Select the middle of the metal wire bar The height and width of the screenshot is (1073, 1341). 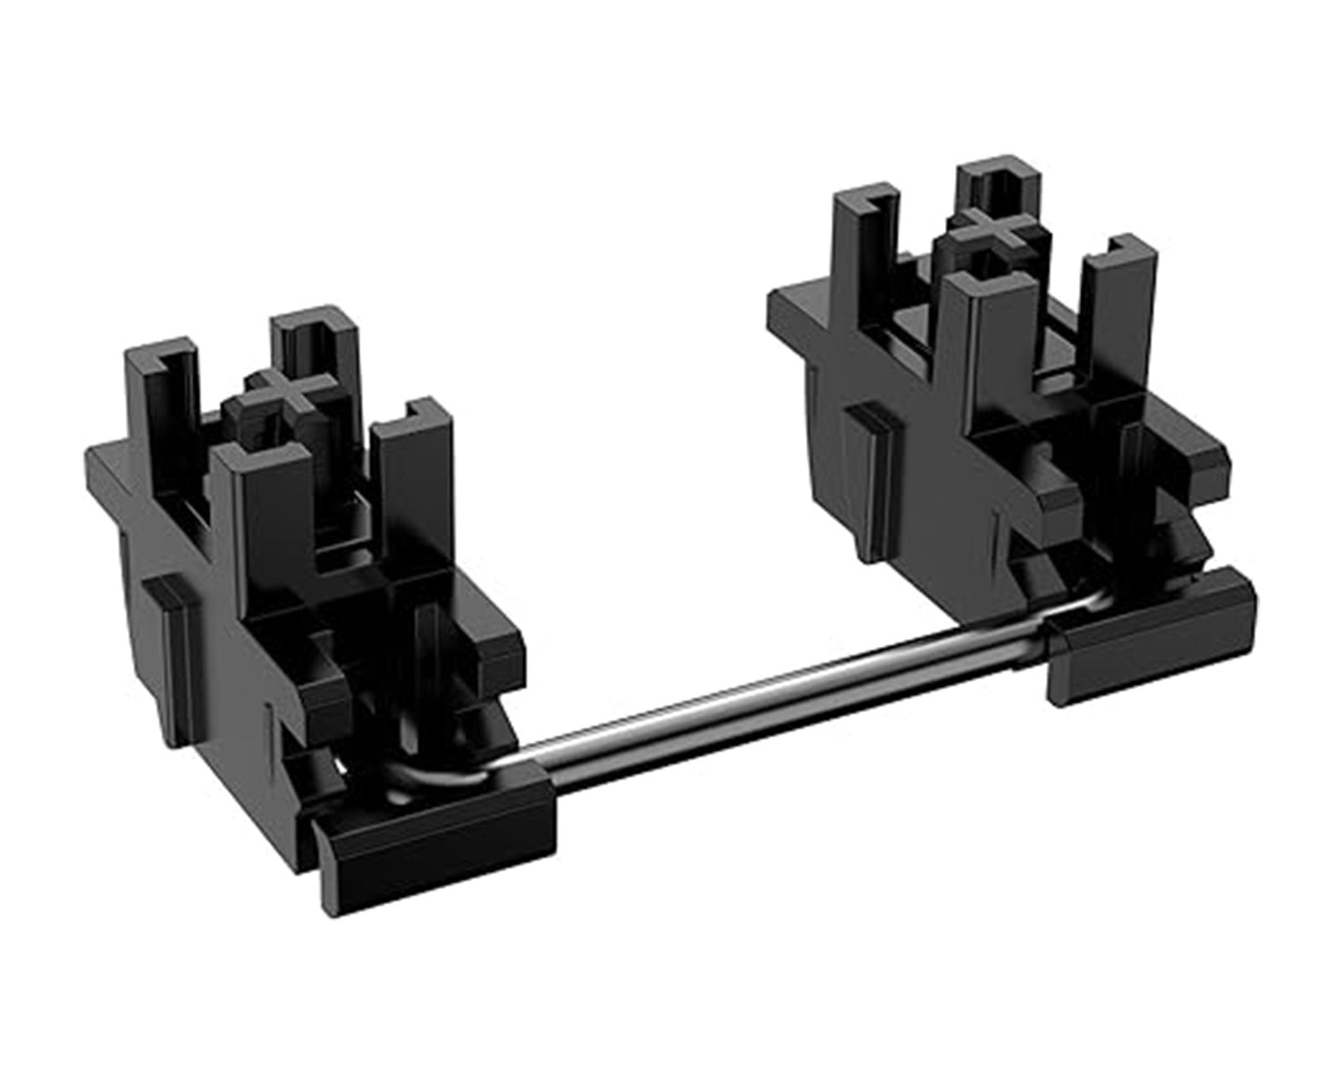(x=787, y=689)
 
